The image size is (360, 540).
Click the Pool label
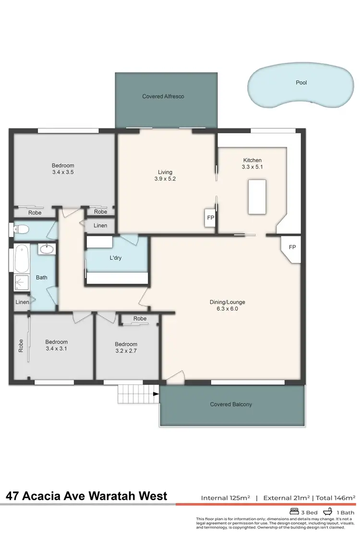[x=301, y=83]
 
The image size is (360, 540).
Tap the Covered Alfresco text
[x=163, y=96]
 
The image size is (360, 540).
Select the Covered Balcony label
[x=231, y=405]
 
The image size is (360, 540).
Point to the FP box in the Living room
[x=210, y=217]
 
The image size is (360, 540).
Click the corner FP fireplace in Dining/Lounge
[x=292, y=247]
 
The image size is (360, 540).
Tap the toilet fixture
[x=21, y=228]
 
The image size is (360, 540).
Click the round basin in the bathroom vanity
[x=47, y=249]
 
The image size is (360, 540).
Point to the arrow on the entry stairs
[x=156, y=394]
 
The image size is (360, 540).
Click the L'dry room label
[x=116, y=258]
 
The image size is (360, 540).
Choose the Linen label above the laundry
[x=100, y=226]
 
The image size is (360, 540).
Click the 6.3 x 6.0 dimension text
[x=227, y=309]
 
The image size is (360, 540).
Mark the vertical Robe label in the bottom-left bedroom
[x=21, y=347]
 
